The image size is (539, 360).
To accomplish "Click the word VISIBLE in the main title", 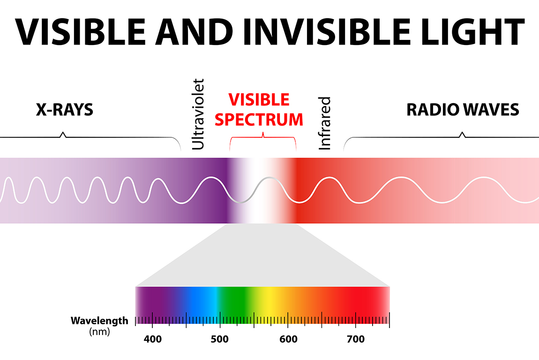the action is coord(81,31).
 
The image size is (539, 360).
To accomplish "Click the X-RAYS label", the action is coord(65,110).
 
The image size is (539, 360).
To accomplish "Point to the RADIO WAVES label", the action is coord(463,110).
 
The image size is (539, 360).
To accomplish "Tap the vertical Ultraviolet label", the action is coord(198,114).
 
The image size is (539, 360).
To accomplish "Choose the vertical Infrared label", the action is coord(325,123).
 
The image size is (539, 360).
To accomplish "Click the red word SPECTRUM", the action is coord(259,120).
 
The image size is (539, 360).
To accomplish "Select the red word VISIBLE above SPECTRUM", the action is coord(259,100).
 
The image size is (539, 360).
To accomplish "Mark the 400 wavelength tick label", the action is coord(153,339).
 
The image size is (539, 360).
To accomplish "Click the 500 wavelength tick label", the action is coord(220,339).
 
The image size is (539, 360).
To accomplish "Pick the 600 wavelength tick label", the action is coord(288,339).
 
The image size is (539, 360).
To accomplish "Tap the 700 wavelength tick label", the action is coord(356,339).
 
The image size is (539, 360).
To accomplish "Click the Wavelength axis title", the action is coord(99,321).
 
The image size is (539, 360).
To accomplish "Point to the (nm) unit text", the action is coord(100,332).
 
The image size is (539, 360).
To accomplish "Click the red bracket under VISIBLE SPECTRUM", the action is coord(263,137).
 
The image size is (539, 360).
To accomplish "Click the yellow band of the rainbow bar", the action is coord(268,300).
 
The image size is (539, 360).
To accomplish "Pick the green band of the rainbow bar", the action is coord(234,300).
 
